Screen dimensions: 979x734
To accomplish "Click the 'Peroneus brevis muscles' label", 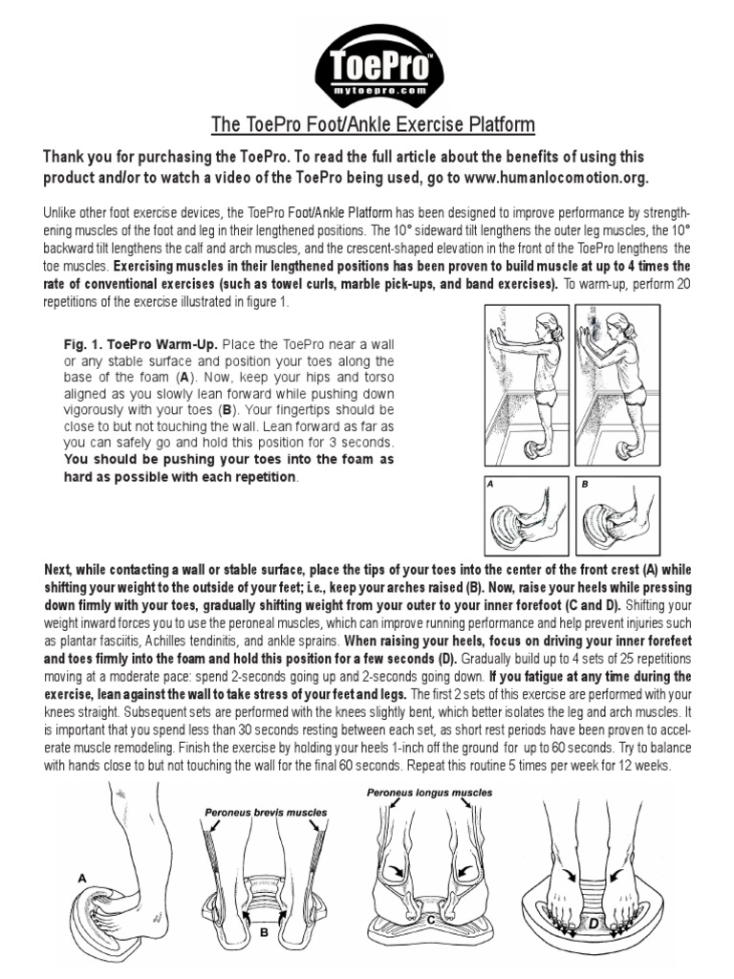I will pyautogui.click(x=265, y=812).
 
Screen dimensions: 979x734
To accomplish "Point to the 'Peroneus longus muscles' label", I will pyautogui.click(x=431, y=793).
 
